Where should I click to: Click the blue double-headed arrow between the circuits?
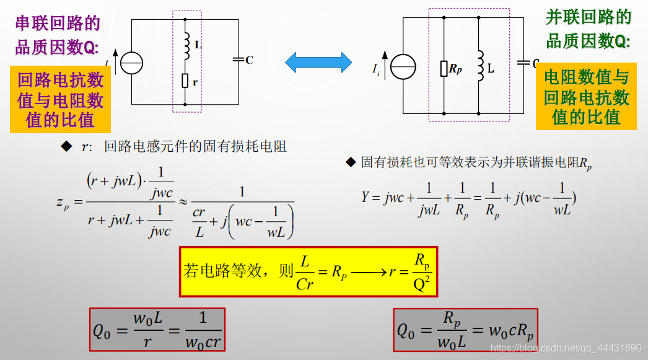318,61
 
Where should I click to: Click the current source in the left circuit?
131,63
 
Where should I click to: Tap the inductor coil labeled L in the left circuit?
185,45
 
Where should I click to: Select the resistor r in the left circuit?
185,81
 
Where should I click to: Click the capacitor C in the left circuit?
238,59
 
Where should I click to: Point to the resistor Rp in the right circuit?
444,69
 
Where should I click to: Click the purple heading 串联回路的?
58,24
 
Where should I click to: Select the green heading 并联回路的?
589,17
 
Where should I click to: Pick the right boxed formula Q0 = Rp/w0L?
465,330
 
